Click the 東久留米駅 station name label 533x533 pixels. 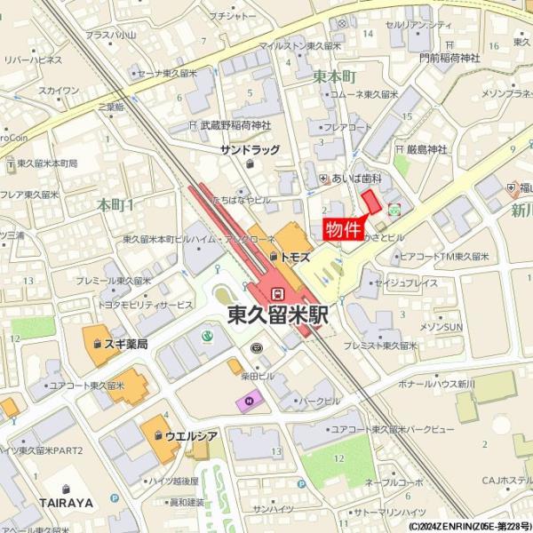coord(278,314)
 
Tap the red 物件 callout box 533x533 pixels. coord(343,229)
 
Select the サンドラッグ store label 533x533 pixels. coord(250,150)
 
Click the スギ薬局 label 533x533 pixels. coord(125,343)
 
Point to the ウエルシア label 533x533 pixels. coord(191,435)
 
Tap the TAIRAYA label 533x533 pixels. coord(67,503)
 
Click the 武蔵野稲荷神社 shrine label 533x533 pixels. coord(235,126)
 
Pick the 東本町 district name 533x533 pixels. coord(334,77)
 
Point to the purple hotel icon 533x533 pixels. coord(243,402)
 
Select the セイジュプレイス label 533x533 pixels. coord(406,283)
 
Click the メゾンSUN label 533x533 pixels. coord(442,327)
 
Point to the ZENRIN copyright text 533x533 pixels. coord(470,526)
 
